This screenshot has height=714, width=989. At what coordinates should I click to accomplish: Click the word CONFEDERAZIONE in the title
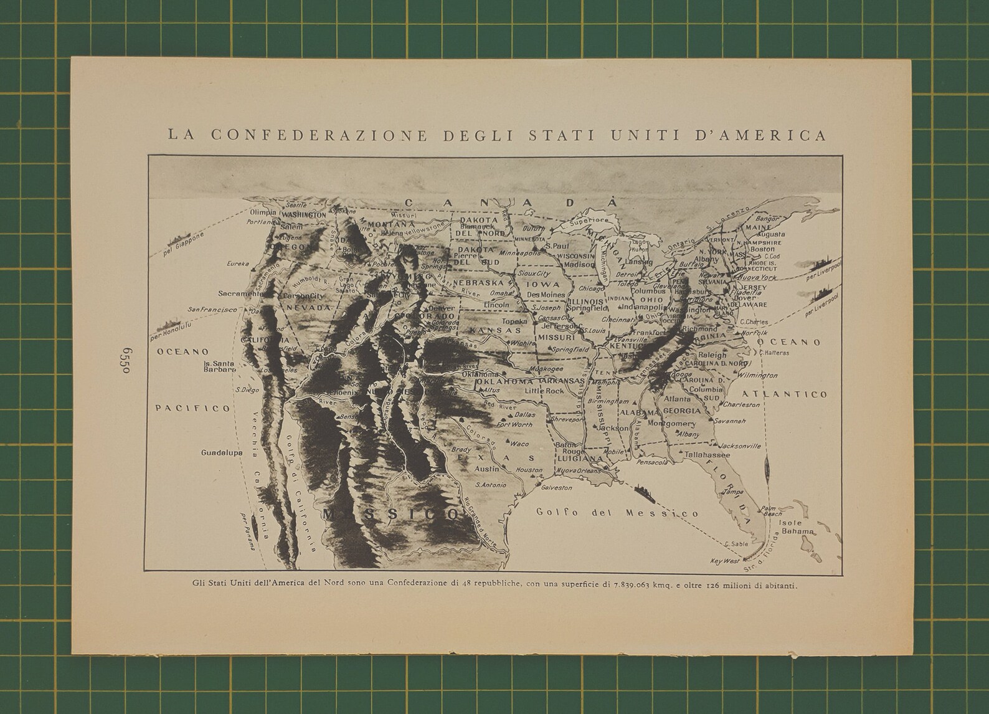pos(320,135)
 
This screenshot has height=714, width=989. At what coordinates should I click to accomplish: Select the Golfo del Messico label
pos(617,513)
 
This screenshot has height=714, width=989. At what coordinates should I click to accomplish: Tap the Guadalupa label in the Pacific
pos(221,453)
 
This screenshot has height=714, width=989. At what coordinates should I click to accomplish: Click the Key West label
pos(724,561)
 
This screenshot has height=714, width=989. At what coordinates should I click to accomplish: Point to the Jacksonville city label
pos(740,446)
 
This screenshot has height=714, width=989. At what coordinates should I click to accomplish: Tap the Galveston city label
pos(557,487)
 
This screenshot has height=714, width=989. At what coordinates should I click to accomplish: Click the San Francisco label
pos(212,309)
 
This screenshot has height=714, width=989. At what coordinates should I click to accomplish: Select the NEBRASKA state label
pos(478,282)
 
